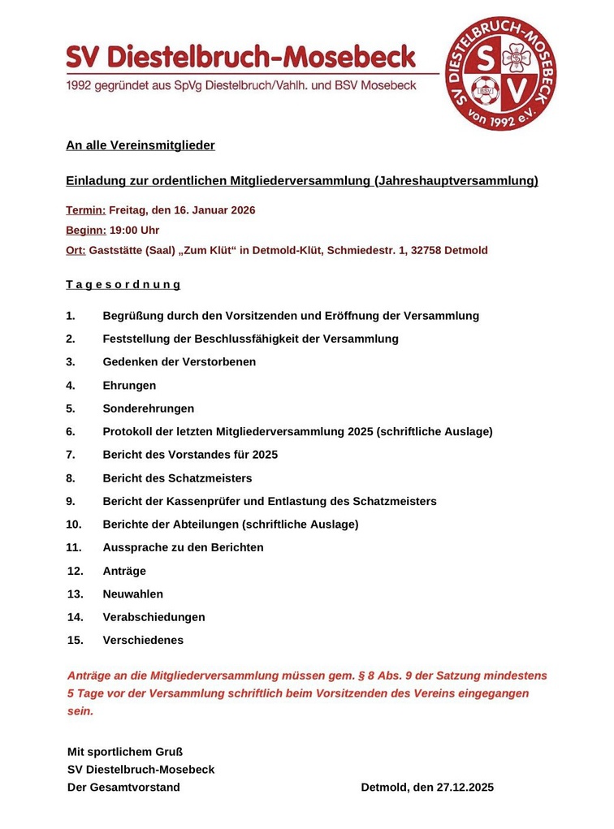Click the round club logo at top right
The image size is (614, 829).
[x=500, y=73]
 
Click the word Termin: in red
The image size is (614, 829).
[x=85, y=210]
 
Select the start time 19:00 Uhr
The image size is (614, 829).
[x=134, y=231]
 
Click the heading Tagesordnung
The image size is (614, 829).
[x=123, y=285]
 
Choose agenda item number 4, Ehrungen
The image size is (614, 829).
[x=129, y=386]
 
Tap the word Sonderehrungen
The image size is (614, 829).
[x=148, y=408]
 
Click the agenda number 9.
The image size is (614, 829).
[x=71, y=501]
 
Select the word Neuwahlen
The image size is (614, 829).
[x=132, y=594]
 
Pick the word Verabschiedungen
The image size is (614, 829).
[x=153, y=617]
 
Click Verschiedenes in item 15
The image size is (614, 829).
[x=143, y=640]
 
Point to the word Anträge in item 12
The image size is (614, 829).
[x=124, y=571]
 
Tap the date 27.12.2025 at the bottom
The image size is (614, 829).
[x=465, y=787]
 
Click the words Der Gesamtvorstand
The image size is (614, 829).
[x=123, y=787]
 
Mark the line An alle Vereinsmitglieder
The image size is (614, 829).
[x=141, y=145]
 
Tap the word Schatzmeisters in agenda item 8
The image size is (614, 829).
[x=214, y=478]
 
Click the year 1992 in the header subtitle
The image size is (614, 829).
[x=82, y=85]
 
